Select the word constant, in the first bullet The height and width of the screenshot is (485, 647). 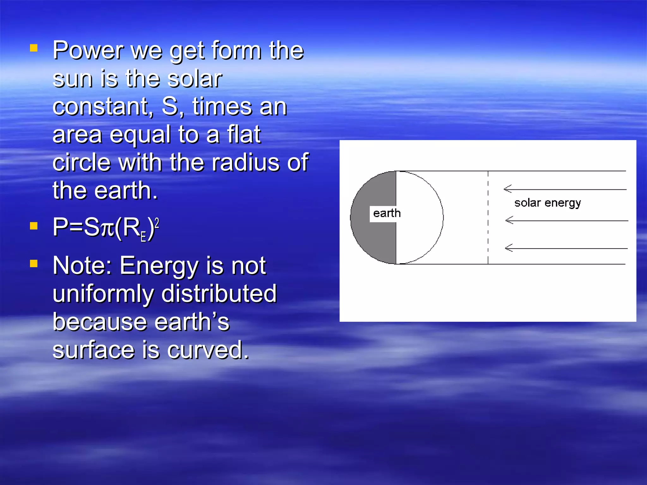[103, 107]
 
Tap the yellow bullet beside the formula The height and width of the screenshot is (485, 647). [34, 226]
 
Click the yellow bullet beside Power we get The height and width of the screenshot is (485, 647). [34, 48]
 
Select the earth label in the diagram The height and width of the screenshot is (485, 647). [387, 213]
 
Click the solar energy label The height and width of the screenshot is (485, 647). [547, 203]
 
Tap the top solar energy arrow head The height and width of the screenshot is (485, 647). [507, 189]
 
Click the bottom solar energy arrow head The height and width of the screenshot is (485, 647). [508, 248]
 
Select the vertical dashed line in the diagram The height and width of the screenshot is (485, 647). [488, 218]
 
